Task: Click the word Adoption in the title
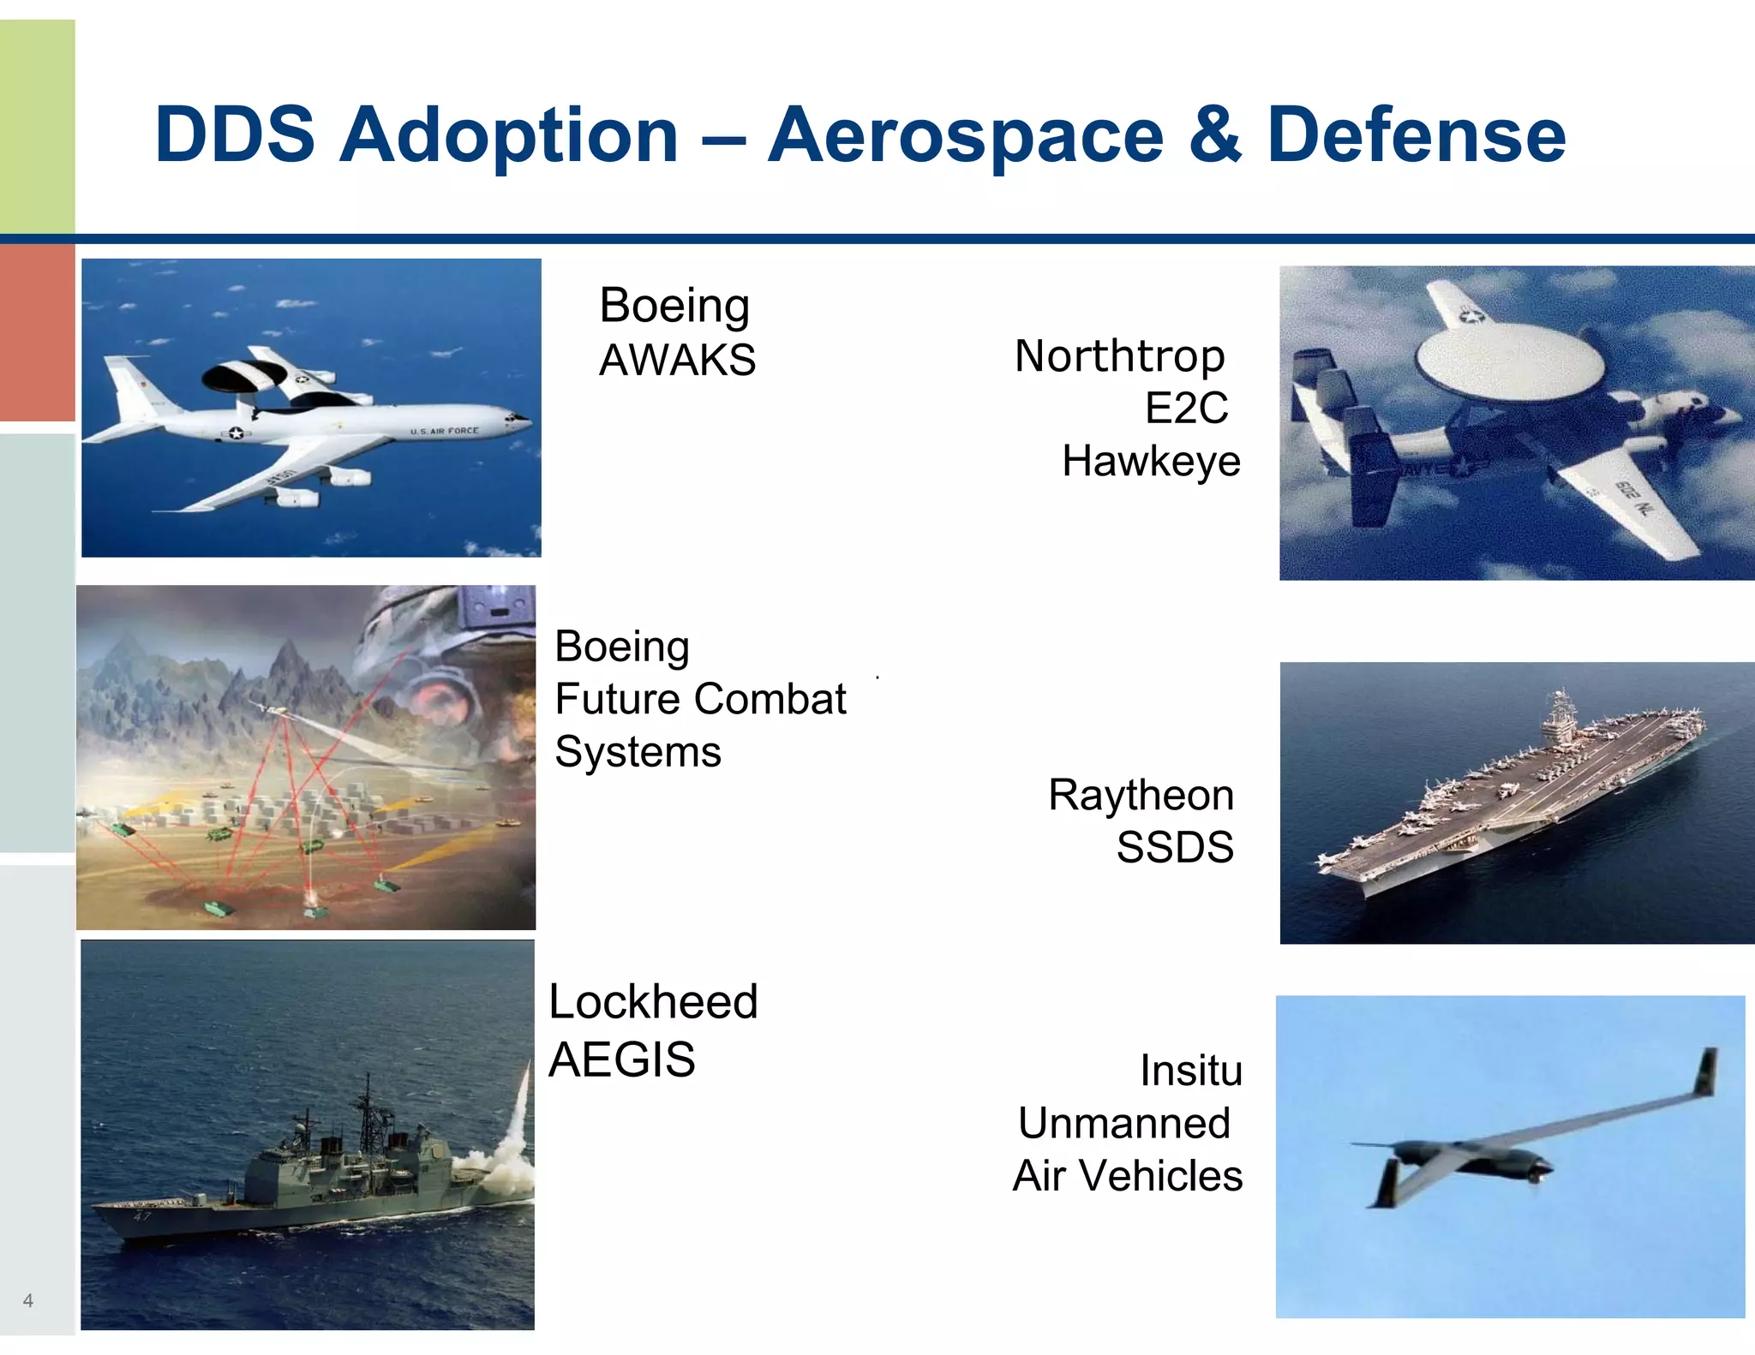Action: coord(509,135)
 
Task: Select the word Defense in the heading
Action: coord(1416,135)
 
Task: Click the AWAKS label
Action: coord(677,360)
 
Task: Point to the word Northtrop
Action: coord(1119,356)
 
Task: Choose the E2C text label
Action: coord(1186,409)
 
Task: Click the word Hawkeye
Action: coord(1151,462)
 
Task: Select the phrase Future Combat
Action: coord(700,699)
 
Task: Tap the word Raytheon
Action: coord(1141,795)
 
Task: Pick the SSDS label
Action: coord(1174,847)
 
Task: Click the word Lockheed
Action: coord(653,1001)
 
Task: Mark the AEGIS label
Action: coord(621,1060)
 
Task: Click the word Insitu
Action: coord(1190,1071)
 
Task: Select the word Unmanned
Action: coord(1123,1123)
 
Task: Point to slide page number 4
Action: coord(28,1300)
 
